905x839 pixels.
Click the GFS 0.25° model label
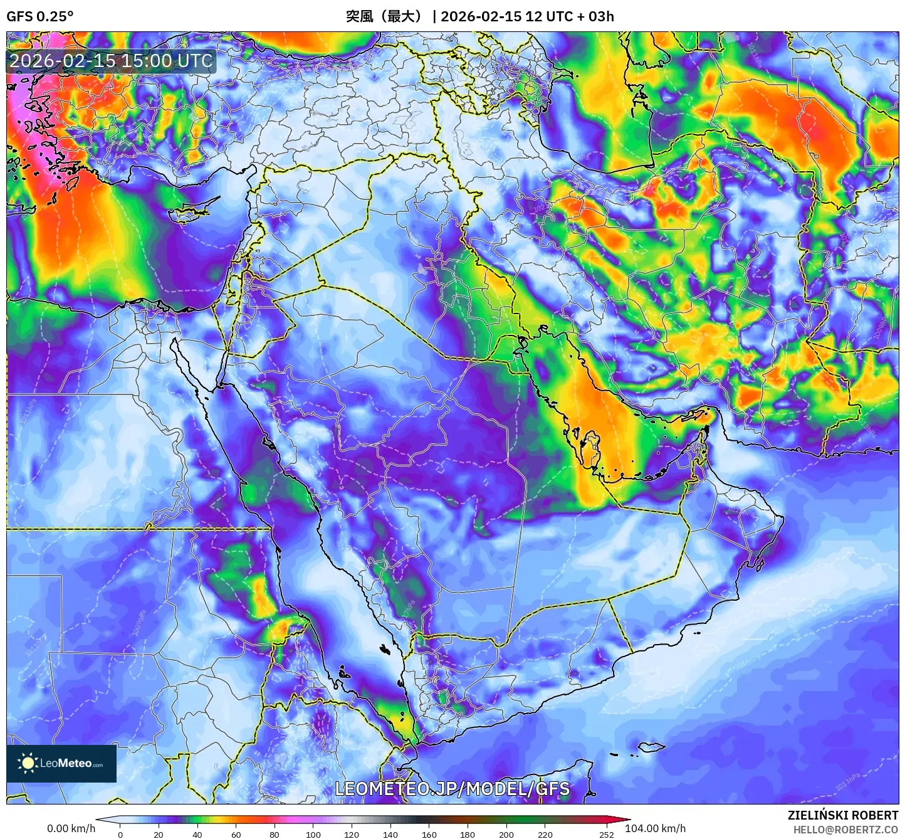[x=39, y=16]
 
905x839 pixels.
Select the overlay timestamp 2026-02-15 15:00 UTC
[x=111, y=61]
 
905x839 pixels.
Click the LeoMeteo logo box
[x=61, y=763]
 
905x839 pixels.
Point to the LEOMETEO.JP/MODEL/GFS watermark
[x=452, y=789]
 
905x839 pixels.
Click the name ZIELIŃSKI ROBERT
[x=843, y=815]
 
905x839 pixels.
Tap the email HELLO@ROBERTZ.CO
[x=845, y=830]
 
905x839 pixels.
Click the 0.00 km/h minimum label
[x=71, y=828]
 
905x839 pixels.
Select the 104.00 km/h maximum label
[x=655, y=828]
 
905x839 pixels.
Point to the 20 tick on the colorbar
[x=159, y=835]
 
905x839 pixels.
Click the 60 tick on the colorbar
[x=236, y=835]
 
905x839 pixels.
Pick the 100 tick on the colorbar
[x=313, y=835]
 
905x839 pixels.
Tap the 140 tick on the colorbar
[x=390, y=835]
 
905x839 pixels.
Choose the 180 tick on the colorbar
[x=468, y=835]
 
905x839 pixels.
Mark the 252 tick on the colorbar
[x=606, y=835]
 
